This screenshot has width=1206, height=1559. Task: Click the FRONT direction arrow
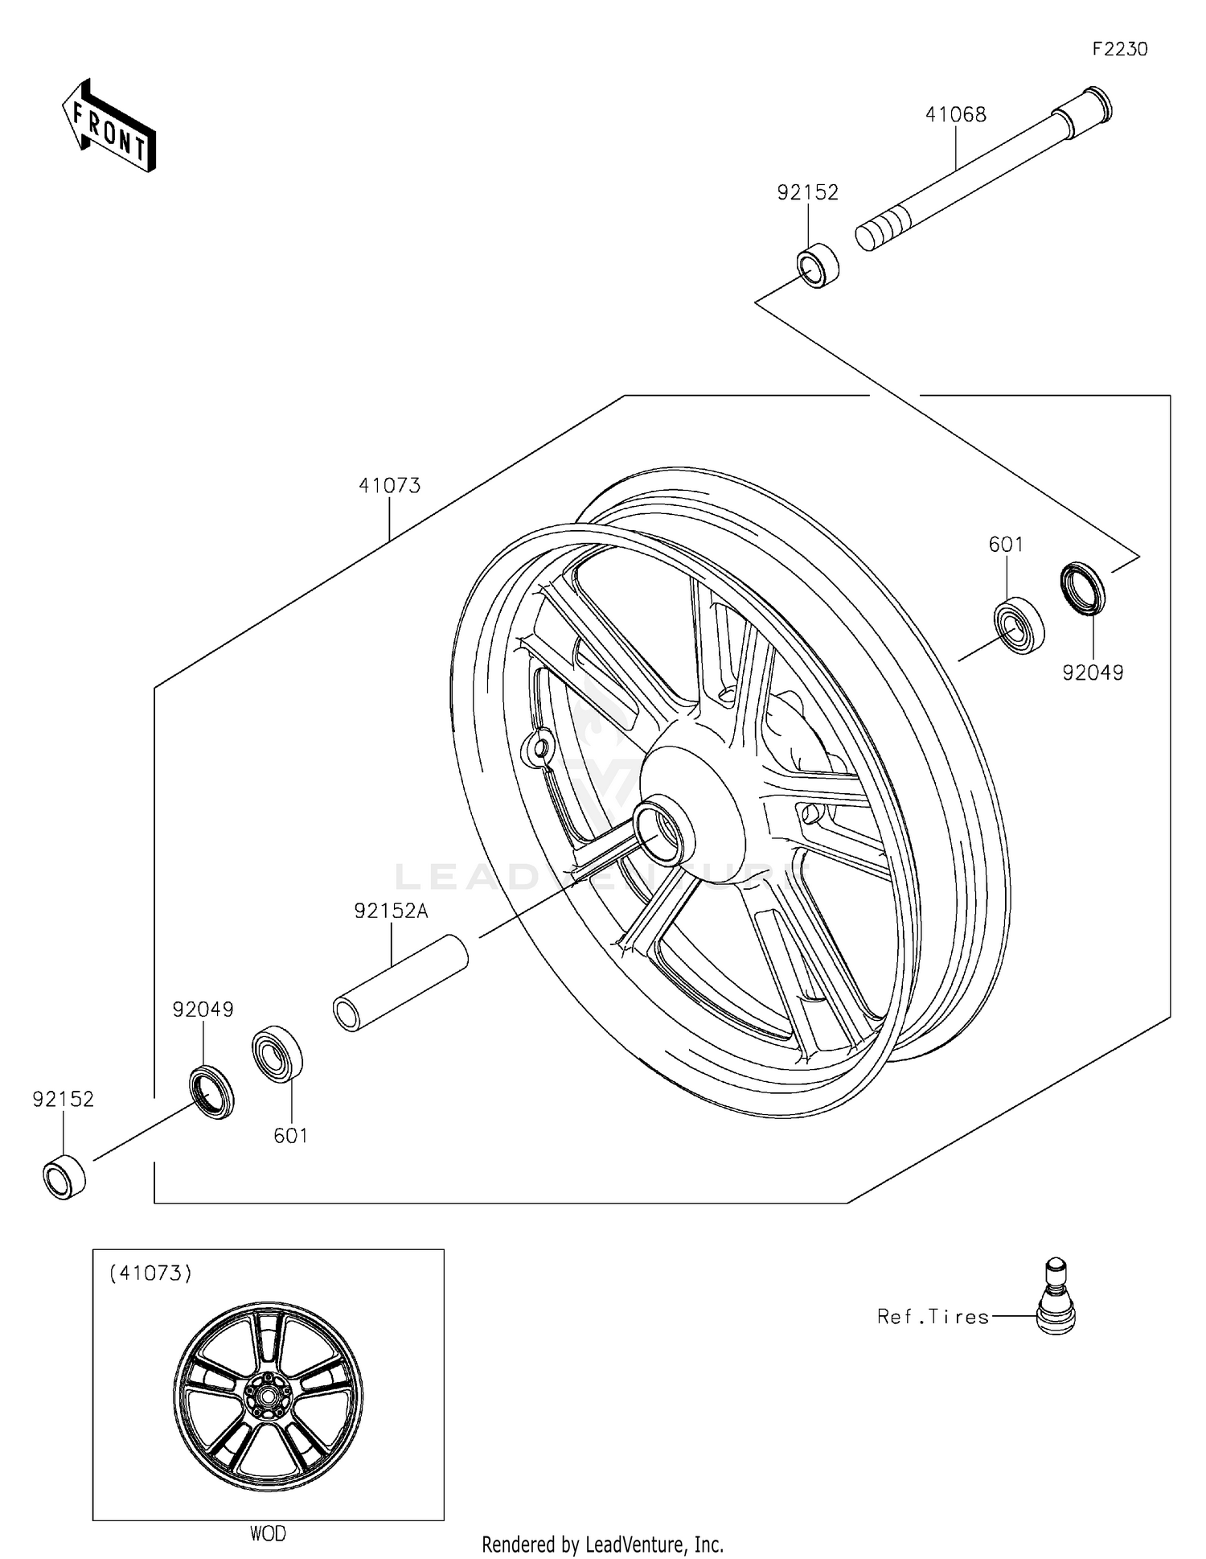coord(109,127)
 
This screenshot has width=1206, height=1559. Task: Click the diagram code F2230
coord(1119,49)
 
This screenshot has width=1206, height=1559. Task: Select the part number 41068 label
coord(955,115)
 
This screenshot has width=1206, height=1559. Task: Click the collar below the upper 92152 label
coord(818,265)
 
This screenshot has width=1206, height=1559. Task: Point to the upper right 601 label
coord(1006,545)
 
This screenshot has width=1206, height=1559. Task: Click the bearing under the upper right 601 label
coord(1019,625)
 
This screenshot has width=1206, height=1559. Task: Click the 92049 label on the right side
coord(1093,673)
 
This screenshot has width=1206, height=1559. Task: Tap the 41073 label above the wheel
coord(389,486)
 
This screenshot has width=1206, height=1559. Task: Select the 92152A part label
coord(392,911)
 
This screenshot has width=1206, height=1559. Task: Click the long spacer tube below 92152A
coord(400,982)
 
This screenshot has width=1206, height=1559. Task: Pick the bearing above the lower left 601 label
coord(277,1054)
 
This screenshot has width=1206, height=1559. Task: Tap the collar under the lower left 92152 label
coord(64,1177)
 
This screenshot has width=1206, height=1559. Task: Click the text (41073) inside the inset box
coord(150,1273)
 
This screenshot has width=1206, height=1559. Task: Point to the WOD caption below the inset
coord(268,1533)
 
